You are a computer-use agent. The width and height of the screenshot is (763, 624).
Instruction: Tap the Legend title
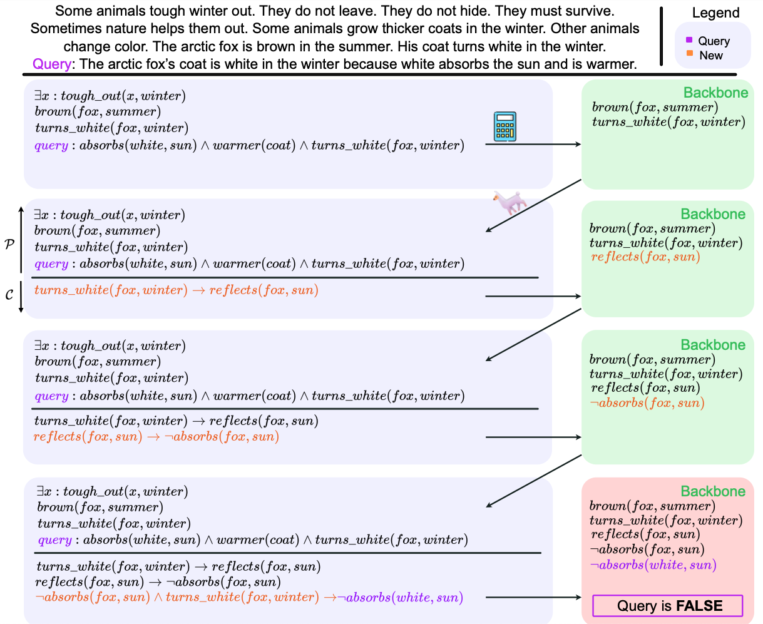(715, 13)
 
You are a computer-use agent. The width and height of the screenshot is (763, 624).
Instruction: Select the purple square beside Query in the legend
(689, 40)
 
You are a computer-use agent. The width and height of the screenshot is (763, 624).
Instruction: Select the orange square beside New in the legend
(689, 54)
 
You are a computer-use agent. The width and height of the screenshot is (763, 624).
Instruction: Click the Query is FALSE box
(667, 606)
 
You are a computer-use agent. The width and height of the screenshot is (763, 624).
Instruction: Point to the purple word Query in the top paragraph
(53, 64)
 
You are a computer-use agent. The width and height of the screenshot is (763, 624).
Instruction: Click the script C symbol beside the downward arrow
(9, 294)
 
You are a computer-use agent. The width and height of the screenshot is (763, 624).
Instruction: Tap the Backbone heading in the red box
(713, 491)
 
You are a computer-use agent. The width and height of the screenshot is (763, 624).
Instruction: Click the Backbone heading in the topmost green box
(715, 93)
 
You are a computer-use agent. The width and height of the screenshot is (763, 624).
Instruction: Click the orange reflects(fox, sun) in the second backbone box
(645, 257)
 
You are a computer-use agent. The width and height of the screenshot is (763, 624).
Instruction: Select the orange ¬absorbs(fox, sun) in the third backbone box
(647, 403)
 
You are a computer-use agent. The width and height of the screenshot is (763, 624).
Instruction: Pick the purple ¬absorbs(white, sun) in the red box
(653, 565)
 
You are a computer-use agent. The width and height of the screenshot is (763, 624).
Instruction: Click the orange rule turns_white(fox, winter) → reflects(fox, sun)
(176, 290)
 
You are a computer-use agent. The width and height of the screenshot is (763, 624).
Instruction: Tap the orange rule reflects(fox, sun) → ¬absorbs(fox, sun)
(156, 437)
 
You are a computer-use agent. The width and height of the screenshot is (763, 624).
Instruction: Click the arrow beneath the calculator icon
(533, 145)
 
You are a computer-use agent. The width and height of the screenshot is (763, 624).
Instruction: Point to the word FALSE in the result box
(699, 606)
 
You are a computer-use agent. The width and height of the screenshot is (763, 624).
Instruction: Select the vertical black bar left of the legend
(661, 36)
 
